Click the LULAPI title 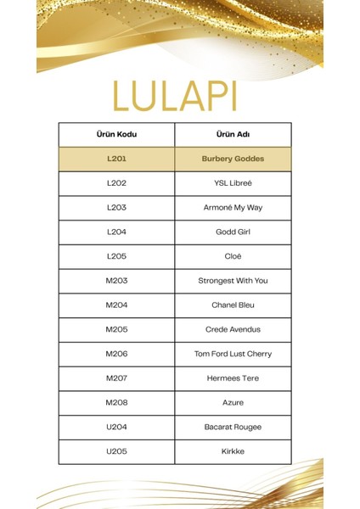179,97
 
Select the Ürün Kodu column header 116,134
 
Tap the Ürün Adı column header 233,134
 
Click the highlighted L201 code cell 116,159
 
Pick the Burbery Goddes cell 233,159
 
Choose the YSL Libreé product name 233,183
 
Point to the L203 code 116,207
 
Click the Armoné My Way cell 233,207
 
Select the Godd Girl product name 233,232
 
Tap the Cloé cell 233,256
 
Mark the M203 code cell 116,281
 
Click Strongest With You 233,281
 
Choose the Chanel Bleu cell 233,305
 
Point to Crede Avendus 233,329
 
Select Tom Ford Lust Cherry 233,354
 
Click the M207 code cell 116,378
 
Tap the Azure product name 233,402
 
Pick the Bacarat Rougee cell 233,427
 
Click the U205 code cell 116,451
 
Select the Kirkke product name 233,451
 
